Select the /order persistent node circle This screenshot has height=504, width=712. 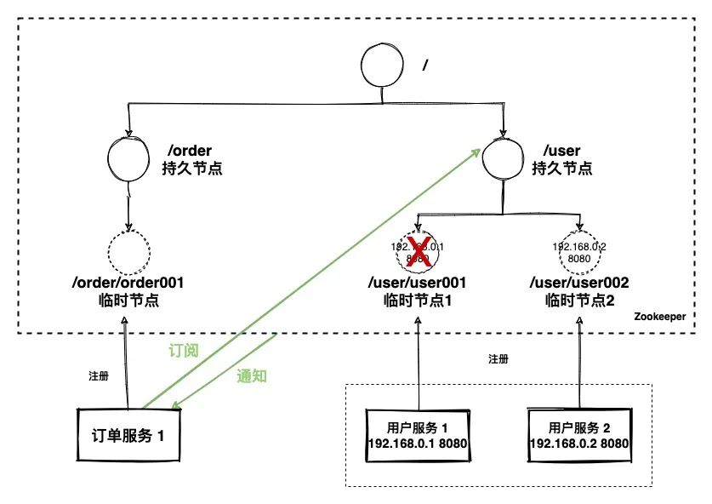pyautogui.click(x=129, y=157)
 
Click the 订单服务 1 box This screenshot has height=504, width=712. pyautogui.click(x=128, y=436)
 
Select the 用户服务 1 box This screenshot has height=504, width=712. pyautogui.click(x=417, y=435)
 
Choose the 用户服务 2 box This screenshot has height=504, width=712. pyautogui.click(x=579, y=436)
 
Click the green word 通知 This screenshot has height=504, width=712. pyautogui.click(x=252, y=375)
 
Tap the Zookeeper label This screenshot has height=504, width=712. pyautogui.click(x=661, y=317)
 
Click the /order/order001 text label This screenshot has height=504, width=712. pyautogui.click(x=130, y=283)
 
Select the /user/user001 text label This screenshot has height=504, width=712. pyautogui.click(x=417, y=283)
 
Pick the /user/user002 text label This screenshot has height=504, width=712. pyautogui.click(x=579, y=283)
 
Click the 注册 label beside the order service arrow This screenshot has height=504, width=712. pyautogui.click(x=99, y=375)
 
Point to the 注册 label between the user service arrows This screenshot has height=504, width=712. pyautogui.click(x=499, y=359)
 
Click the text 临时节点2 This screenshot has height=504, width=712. pyautogui.click(x=579, y=301)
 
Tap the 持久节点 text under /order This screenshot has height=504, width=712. pyautogui.click(x=191, y=168)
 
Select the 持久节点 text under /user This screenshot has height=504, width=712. pyautogui.click(x=562, y=168)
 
